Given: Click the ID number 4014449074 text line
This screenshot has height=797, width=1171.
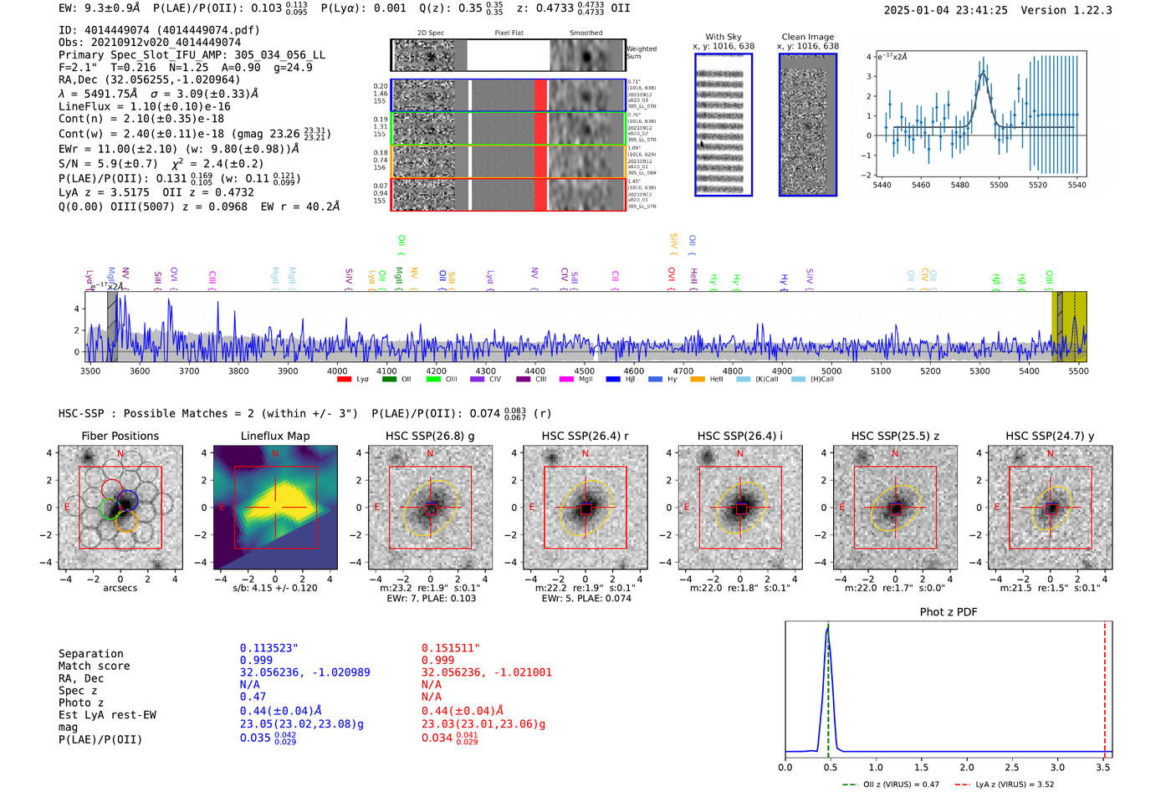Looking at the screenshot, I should tap(159, 30).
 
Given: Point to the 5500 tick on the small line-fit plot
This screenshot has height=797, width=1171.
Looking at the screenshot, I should tap(999, 185).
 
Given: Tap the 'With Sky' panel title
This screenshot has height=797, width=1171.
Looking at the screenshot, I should tap(723, 37).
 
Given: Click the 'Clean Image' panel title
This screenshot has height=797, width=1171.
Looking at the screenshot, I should tap(807, 37).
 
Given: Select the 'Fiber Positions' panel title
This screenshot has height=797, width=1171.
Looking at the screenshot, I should tap(120, 436).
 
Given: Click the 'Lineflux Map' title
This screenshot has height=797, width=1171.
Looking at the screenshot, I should tap(274, 436).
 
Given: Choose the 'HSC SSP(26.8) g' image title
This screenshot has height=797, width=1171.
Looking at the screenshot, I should tap(430, 436).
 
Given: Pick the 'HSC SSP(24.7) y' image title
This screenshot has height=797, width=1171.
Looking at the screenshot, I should tap(1050, 436).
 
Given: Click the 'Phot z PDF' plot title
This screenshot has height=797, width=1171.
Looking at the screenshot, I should tap(949, 612).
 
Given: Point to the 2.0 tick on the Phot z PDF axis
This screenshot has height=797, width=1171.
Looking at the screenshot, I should tap(967, 767).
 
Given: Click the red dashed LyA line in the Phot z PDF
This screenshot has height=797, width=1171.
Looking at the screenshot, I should tap(1104, 686).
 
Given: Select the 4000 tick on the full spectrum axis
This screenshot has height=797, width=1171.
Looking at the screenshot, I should tap(337, 371).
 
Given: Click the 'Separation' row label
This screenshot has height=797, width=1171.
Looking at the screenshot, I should tap(90, 654).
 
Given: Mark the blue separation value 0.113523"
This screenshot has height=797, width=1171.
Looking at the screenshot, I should tap(268, 648).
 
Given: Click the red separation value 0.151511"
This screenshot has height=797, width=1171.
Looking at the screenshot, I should tap(450, 648).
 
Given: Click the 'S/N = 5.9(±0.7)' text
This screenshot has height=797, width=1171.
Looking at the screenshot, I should tap(109, 164).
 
